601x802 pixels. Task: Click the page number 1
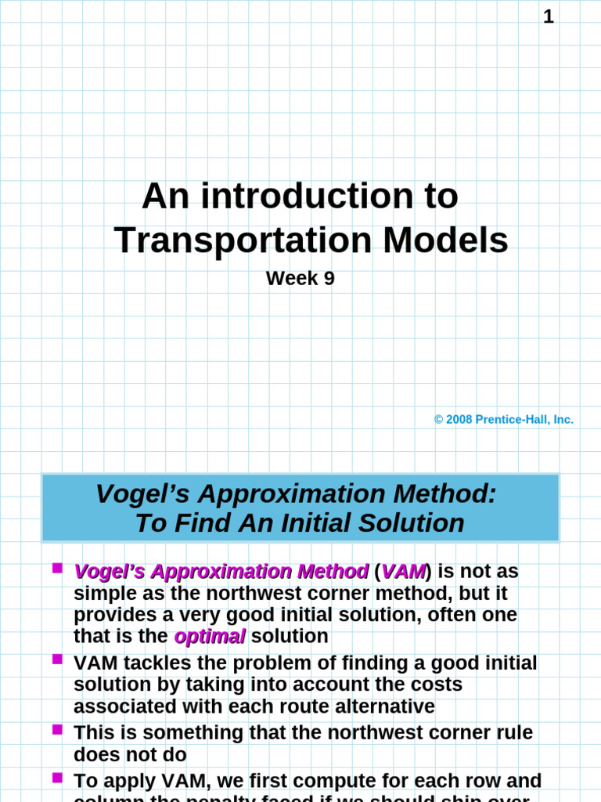tap(549, 16)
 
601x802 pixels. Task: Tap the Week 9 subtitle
tap(300, 278)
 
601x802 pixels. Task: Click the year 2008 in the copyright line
tap(459, 420)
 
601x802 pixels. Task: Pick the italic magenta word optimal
tap(210, 637)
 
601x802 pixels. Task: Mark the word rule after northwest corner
tap(512, 733)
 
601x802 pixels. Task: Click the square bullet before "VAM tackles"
tap(57, 659)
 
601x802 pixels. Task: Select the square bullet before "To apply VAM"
tap(57, 777)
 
